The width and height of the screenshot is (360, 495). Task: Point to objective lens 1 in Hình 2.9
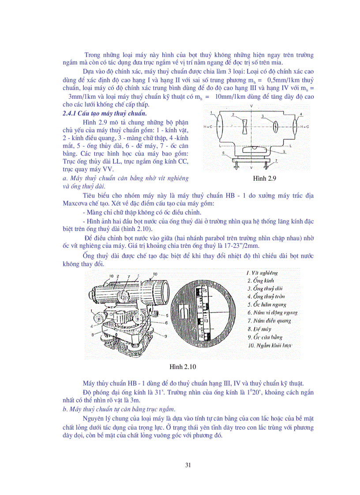[x=221, y=126]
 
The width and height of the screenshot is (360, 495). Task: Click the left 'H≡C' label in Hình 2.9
[x=208, y=127]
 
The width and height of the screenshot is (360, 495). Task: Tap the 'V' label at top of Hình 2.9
[x=251, y=107]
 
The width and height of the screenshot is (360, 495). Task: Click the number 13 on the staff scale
[x=206, y=322]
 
